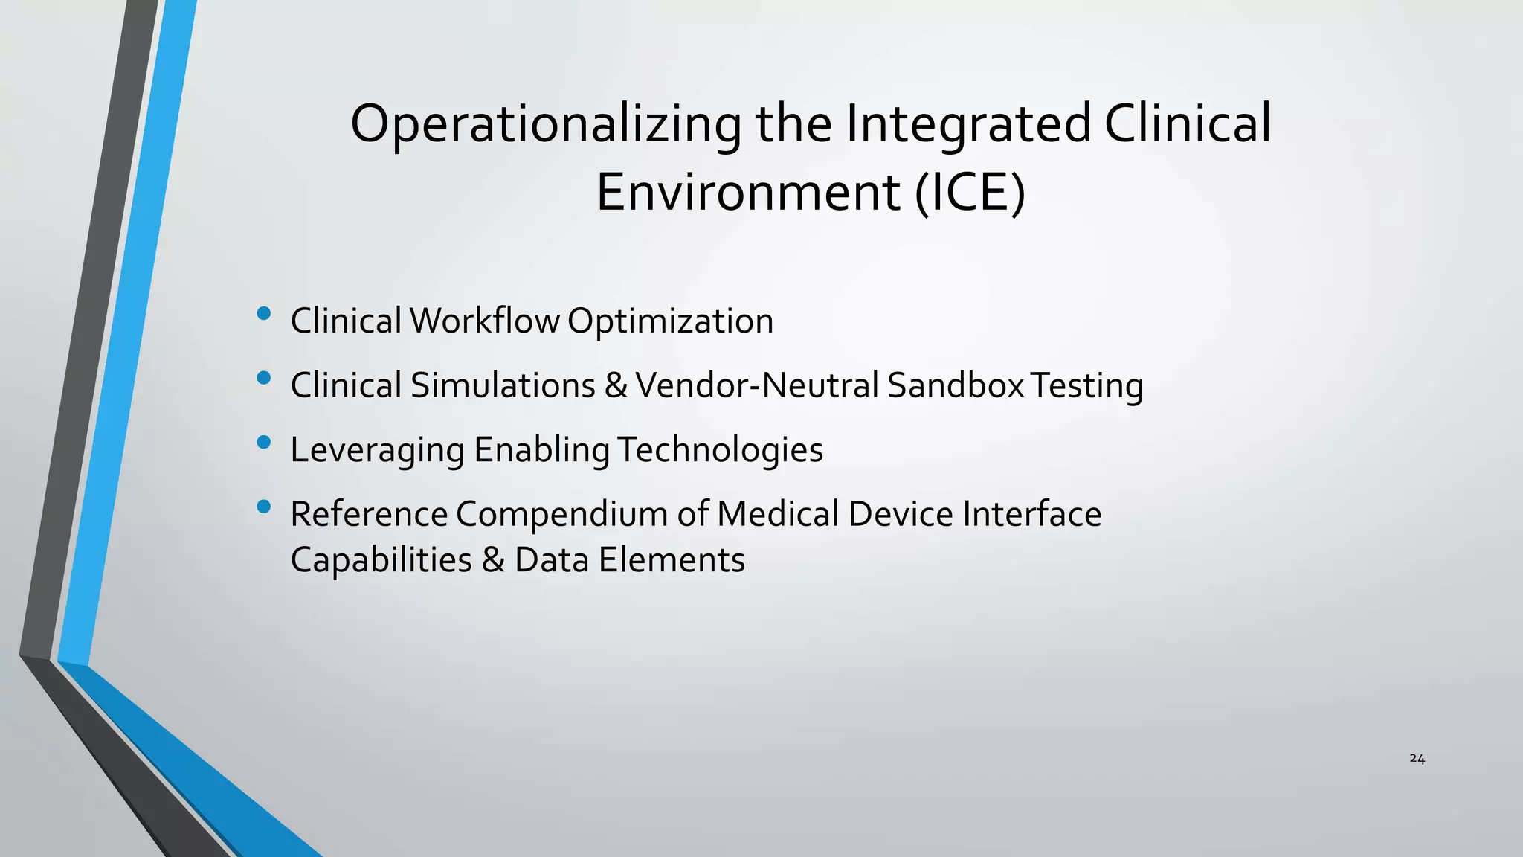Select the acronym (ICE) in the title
pyautogui.click(x=970, y=193)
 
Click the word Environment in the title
pyautogui.click(x=748, y=193)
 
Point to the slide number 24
pyautogui.click(x=1417, y=759)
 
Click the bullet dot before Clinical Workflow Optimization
pyautogui.click(x=263, y=314)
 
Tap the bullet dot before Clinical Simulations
pyautogui.click(x=263, y=378)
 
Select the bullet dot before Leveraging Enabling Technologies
pyautogui.click(x=263, y=443)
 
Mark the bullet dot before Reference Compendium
pyautogui.click(x=263, y=507)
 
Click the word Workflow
pyautogui.click(x=484, y=321)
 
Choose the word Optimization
pyautogui.click(x=670, y=321)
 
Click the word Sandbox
pyautogui.click(x=956, y=386)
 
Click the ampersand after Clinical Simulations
pyautogui.click(x=616, y=386)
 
